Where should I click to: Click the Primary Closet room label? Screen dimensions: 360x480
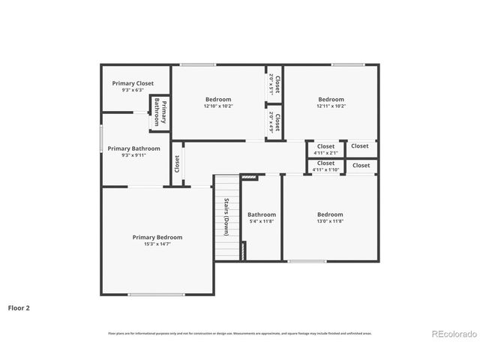(133, 83)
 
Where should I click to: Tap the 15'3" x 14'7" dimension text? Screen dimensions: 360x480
(157, 244)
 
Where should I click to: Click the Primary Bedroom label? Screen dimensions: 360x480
(157, 237)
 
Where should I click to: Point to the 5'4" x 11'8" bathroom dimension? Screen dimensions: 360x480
(262, 221)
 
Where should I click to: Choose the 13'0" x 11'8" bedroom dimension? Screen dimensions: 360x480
(330, 221)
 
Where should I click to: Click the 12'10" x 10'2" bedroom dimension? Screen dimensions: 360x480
(218, 106)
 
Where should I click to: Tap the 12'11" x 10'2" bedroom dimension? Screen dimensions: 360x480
(331, 106)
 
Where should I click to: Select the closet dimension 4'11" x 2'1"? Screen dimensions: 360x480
(325, 153)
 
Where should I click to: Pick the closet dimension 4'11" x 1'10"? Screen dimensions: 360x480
(325, 169)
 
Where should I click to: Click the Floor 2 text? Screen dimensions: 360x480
(19, 307)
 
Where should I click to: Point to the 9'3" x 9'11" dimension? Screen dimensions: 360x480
(133, 155)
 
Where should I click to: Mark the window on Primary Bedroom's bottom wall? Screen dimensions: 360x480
(157, 295)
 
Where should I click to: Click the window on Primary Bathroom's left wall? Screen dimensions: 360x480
(101, 139)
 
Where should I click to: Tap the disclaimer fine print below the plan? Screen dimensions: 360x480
(239, 333)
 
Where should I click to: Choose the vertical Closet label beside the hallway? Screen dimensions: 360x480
(177, 163)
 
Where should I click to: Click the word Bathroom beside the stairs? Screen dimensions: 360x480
(262, 214)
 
